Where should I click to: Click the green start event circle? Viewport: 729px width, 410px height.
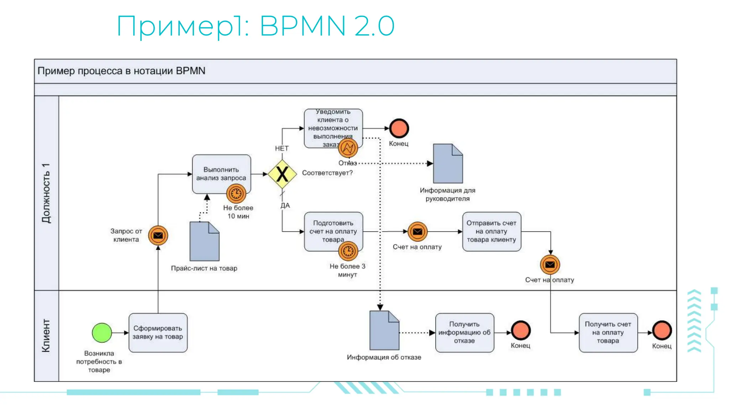[102, 333]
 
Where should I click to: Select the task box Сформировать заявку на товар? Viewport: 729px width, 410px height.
[158, 333]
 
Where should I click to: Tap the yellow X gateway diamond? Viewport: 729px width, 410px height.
[282, 174]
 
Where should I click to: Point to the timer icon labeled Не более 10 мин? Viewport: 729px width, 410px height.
[236, 194]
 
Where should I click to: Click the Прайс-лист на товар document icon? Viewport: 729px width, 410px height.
[204, 242]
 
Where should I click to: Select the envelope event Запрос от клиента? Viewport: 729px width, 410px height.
[158, 235]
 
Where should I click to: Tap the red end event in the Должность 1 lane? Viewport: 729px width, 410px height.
[399, 128]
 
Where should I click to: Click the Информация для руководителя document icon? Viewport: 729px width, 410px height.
[448, 164]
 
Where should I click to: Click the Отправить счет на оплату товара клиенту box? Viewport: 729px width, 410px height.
[491, 231]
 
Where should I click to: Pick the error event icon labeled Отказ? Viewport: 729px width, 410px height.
[348, 148]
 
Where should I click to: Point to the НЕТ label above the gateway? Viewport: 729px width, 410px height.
[282, 148]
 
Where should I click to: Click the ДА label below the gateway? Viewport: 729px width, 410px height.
[285, 205]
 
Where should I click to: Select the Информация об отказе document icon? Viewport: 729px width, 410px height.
[384, 331]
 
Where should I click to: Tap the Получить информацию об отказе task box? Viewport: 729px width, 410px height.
[464, 332]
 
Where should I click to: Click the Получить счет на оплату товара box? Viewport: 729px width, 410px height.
[608, 332]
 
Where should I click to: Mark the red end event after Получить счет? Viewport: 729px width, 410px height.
[662, 330]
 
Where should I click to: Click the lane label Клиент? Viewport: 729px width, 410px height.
[46, 335]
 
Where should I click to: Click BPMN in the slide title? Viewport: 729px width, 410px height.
[303, 26]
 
